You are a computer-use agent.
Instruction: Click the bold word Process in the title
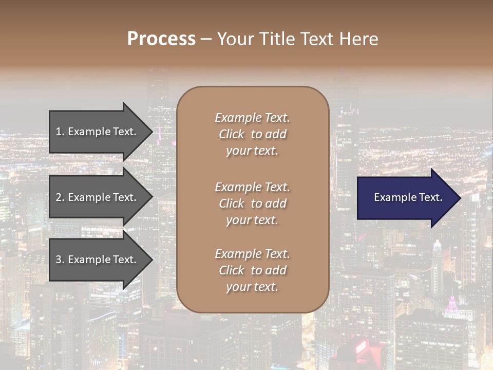[x=161, y=39]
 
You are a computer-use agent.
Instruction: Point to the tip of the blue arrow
[x=459, y=198]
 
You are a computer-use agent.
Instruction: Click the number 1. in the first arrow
[x=60, y=132]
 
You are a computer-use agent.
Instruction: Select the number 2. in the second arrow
[x=60, y=197]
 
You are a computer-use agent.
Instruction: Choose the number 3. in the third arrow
[x=60, y=260]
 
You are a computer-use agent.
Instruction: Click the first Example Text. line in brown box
[x=252, y=118]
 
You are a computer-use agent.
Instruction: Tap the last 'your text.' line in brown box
[x=252, y=287]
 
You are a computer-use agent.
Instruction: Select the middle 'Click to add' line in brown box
[x=252, y=203]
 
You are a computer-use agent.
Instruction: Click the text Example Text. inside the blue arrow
[x=408, y=197]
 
